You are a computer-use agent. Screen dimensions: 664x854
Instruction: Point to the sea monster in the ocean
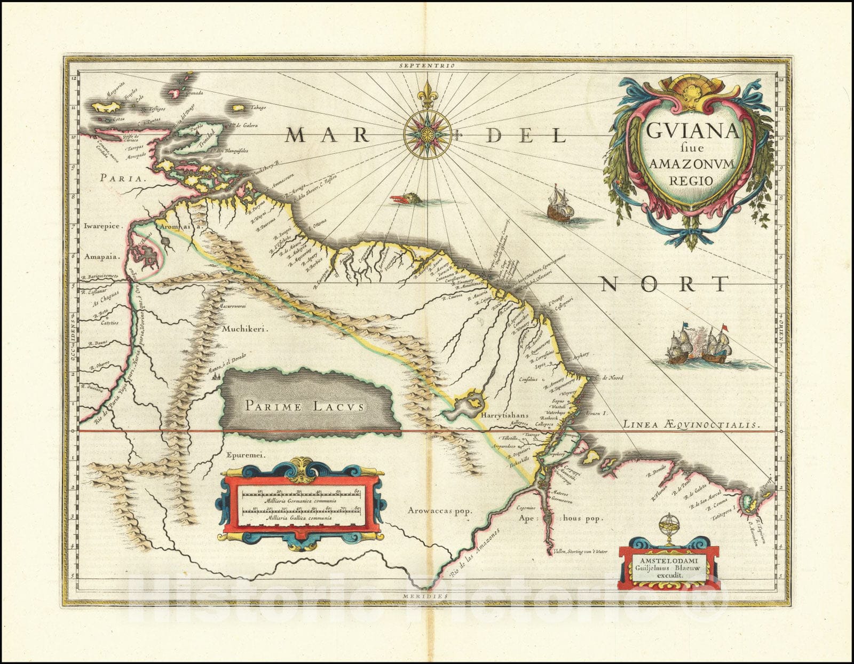409,200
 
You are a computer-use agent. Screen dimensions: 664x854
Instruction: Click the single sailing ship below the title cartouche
560,204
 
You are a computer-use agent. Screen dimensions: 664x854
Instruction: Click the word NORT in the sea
665,284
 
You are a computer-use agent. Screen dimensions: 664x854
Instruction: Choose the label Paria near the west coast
122,179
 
